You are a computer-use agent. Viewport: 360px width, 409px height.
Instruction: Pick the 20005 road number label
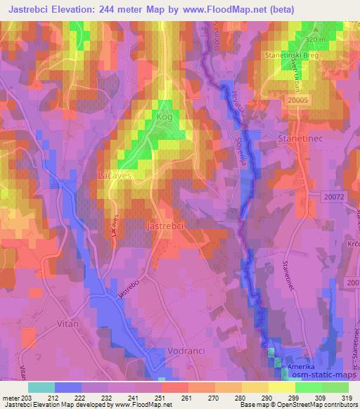click(x=299, y=100)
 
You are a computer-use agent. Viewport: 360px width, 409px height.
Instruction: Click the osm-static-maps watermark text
click(x=321, y=377)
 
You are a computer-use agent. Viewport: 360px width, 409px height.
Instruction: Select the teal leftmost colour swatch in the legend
click(x=41, y=387)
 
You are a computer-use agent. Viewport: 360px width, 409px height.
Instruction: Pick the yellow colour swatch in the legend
click(x=281, y=387)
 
